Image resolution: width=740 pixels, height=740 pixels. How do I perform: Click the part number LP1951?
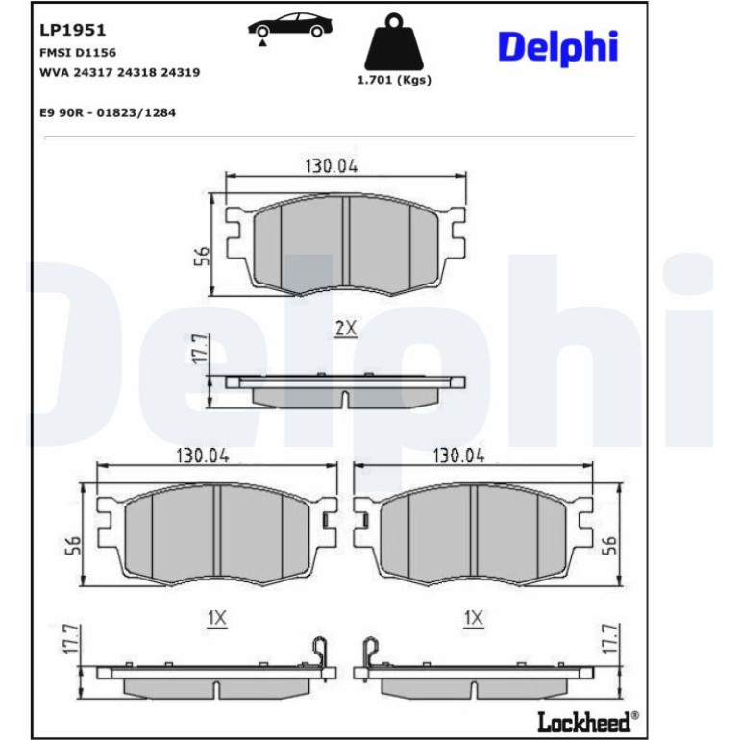[73, 30]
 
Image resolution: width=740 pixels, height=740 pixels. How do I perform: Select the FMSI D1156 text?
[78, 53]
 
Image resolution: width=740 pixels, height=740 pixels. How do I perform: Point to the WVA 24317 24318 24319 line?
[120, 72]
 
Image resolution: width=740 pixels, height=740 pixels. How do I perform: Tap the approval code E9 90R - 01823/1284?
[108, 112]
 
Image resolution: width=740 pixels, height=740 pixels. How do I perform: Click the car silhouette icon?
[290, 27]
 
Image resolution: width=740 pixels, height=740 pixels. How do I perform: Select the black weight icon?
[394, 42]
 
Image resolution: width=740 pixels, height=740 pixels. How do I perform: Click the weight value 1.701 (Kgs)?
[394, 80]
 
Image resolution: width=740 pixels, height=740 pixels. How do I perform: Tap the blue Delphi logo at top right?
[557, 48]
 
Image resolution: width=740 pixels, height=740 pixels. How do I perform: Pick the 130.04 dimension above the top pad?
[332, 166]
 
